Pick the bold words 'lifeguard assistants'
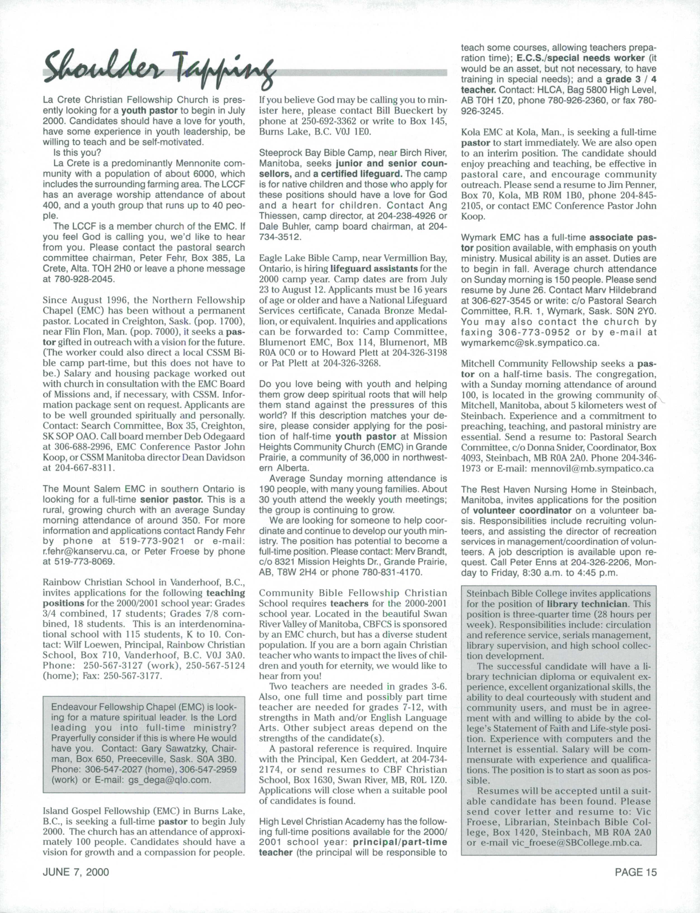point(374,269)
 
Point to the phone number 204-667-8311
point(85,468)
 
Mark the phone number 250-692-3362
point(326,121)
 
